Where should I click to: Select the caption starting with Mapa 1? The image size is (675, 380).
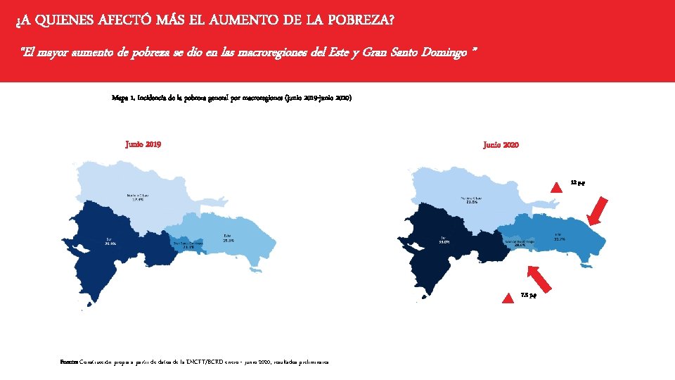point(231,98)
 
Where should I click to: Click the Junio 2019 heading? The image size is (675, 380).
point(143,144)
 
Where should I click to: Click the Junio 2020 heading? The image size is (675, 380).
point(501,144)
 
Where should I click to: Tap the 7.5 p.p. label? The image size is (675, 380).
point(529,295)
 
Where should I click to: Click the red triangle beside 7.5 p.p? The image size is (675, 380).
point(508,298)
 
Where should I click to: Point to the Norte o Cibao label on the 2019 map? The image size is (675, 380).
point(137,197)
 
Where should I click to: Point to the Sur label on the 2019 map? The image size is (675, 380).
point(110,241)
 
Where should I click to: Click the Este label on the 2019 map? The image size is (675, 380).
point(228,238)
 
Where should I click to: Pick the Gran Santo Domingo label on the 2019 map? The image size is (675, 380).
point(188,244)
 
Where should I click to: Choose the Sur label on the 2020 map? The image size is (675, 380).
point(444,240)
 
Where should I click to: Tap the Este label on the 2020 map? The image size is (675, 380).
point(559,236)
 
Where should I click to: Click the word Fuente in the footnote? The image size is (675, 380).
point(70,362)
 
